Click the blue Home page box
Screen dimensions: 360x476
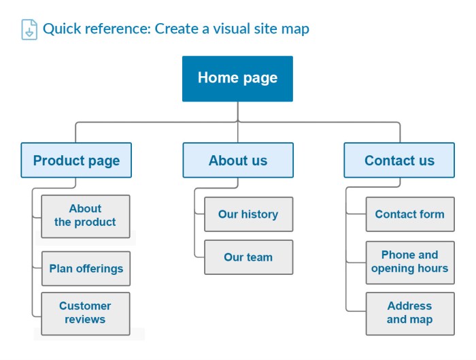click(x=237, y=78)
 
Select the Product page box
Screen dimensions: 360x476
click(x=76, y=161)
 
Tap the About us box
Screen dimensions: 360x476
click(x=238, y=161)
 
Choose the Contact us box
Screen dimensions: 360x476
click(x=399, y=161)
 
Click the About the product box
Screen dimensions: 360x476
click(x=85, y=216)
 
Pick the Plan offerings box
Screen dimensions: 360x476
click(x=86, y=268)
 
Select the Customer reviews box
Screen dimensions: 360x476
click(x=85, y=313)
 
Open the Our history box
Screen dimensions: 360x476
click(x=248, y=214)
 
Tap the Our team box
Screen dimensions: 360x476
click(x=248, y=257)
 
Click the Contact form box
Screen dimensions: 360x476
click(x=409, y=214)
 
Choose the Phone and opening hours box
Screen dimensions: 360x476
click(x=409, y=261)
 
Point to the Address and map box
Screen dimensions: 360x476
click(x=409, y=313)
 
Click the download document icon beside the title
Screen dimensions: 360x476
click(x=29, y=29)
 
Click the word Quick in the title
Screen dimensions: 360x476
click(x=61, y=29)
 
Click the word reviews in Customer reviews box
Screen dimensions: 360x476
click(x=85, y=320)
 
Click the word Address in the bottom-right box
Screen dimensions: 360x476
click(x=409, y=306)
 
